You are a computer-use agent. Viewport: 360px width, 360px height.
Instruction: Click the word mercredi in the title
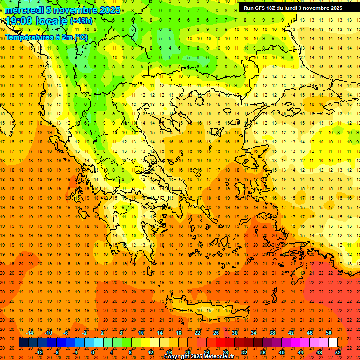coord(24,10)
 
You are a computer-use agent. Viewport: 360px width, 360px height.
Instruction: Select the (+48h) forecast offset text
coord(81,21)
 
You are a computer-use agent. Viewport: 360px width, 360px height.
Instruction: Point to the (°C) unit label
coord(80,37)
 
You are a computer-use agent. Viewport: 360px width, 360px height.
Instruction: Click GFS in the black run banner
coord(262,8)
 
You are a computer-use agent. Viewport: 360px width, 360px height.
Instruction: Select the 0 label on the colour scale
coord(93,352)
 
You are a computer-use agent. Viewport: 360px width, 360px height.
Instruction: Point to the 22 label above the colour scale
coord(197,333)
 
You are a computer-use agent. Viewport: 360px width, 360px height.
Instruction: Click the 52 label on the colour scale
coord(338,352)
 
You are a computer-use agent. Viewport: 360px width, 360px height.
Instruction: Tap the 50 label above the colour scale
coord(329,333)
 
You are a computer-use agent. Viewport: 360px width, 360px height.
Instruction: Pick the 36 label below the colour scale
coord(263,352)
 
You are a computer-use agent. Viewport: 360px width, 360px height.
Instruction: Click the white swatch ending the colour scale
coord(333,343)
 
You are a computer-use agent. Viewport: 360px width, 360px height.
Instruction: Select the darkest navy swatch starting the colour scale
coord(23,343)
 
